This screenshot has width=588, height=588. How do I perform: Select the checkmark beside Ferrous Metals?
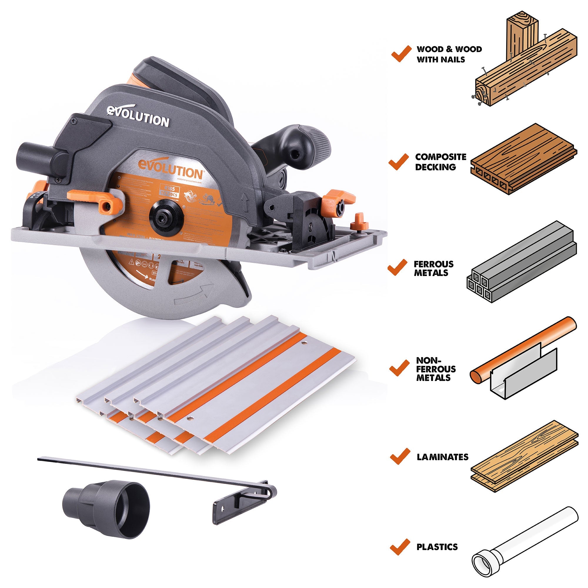click(x=397, y=268)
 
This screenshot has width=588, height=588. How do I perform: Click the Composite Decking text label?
click(x=440, y=162)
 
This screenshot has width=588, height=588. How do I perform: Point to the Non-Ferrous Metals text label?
click(x=436, y=369)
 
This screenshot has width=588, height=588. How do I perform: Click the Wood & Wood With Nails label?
click(x=449, y=54)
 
